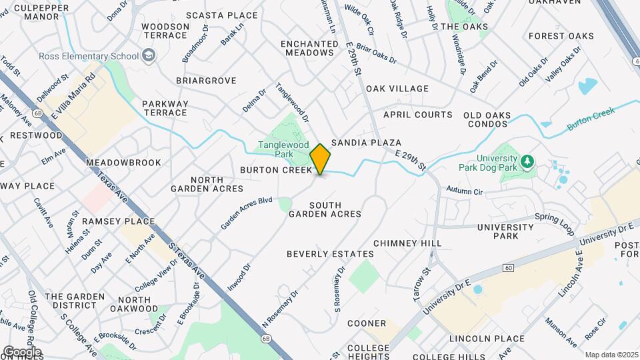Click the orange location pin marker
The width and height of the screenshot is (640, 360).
[321, 159]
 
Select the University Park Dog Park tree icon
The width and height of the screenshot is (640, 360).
[527, 161]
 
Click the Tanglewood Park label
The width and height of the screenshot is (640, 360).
[275, 149]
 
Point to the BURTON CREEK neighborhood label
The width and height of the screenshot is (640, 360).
[276, 171]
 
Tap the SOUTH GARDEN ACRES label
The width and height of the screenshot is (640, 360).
[325, 209]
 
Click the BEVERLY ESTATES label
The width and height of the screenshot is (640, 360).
[330, 254]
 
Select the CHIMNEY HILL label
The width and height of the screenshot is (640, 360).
[399, 243]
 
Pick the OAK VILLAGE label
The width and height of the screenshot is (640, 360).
[397, 89]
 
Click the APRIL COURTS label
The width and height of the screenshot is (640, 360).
[418, 115]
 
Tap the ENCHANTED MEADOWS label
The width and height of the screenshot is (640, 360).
[309, 49]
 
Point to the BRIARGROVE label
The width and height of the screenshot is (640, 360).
[206, 81]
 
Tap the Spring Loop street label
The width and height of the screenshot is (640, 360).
[554, 225]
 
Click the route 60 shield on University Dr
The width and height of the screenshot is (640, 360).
[509, 268]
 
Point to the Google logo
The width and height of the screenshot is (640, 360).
[21, 351]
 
